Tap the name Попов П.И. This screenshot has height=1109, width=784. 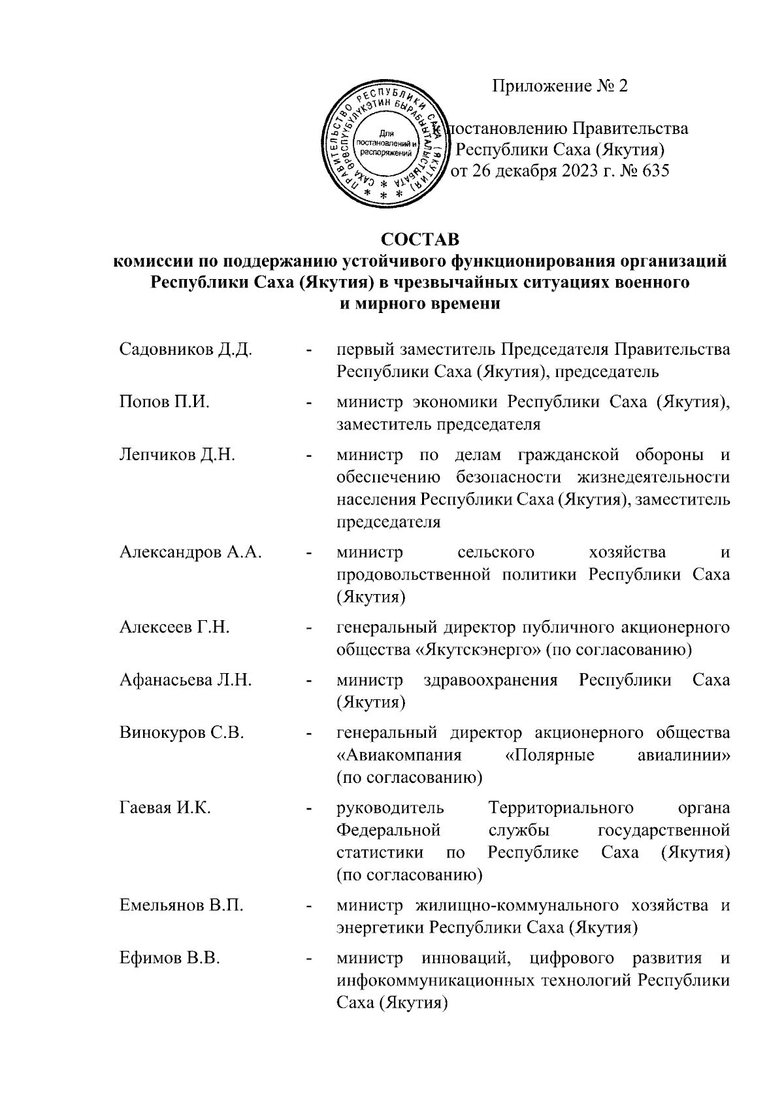coord(164,402)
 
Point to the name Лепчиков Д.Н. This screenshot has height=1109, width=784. coord(177,455)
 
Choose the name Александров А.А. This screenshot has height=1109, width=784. coord(190,552)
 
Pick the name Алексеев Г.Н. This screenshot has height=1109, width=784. coord(174,627)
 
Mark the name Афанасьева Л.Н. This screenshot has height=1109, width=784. coord(186,680)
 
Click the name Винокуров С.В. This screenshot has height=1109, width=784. coord(182,733)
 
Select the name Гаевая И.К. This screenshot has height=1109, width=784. coord(165,808)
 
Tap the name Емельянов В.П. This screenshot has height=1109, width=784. coord(182,906)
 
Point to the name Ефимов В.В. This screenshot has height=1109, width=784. coord(169,959)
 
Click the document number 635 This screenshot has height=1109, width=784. coord(655,171)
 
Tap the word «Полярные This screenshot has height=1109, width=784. coord(550,755)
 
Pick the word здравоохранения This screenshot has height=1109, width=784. coord(490,680)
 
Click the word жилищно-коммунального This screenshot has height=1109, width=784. coord(517,906)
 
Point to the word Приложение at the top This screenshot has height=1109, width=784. coord(532,86)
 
